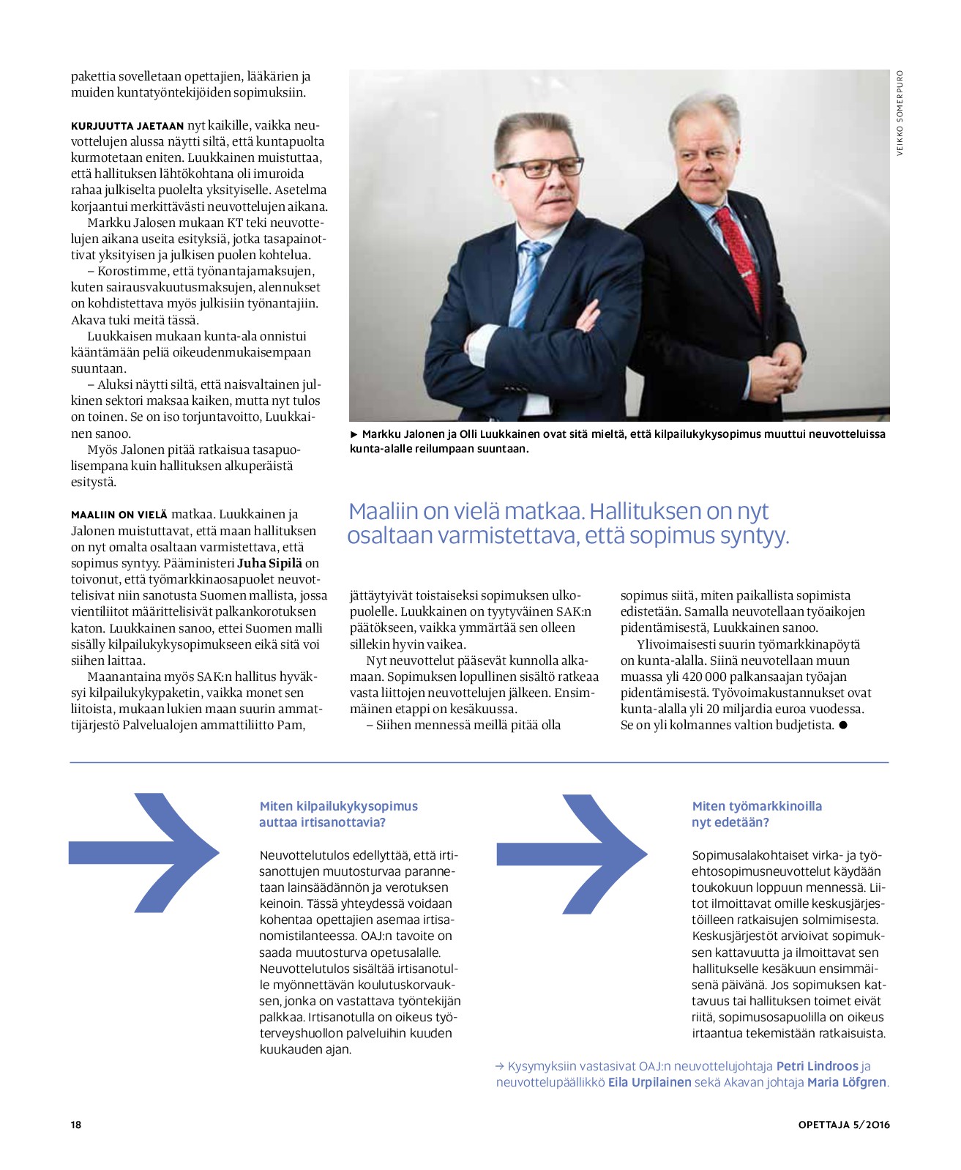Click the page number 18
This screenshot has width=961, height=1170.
point(76,1125)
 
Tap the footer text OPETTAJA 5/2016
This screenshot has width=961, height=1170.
point(844,1125)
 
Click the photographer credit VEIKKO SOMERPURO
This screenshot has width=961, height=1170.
point(900,113)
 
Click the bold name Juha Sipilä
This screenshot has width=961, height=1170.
point(270,563)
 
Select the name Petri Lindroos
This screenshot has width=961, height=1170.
point(817,1066)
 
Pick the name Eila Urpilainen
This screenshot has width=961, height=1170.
point(649,1082)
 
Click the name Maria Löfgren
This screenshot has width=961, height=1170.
point(847,1082)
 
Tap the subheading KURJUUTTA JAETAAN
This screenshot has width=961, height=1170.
point(127,126)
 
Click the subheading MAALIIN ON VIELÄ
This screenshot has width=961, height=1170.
point(119,515)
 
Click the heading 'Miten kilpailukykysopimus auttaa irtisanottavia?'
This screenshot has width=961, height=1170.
point(338,814)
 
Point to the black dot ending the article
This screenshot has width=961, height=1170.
point(842,725)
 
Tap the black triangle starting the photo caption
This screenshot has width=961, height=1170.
point(354,434)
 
